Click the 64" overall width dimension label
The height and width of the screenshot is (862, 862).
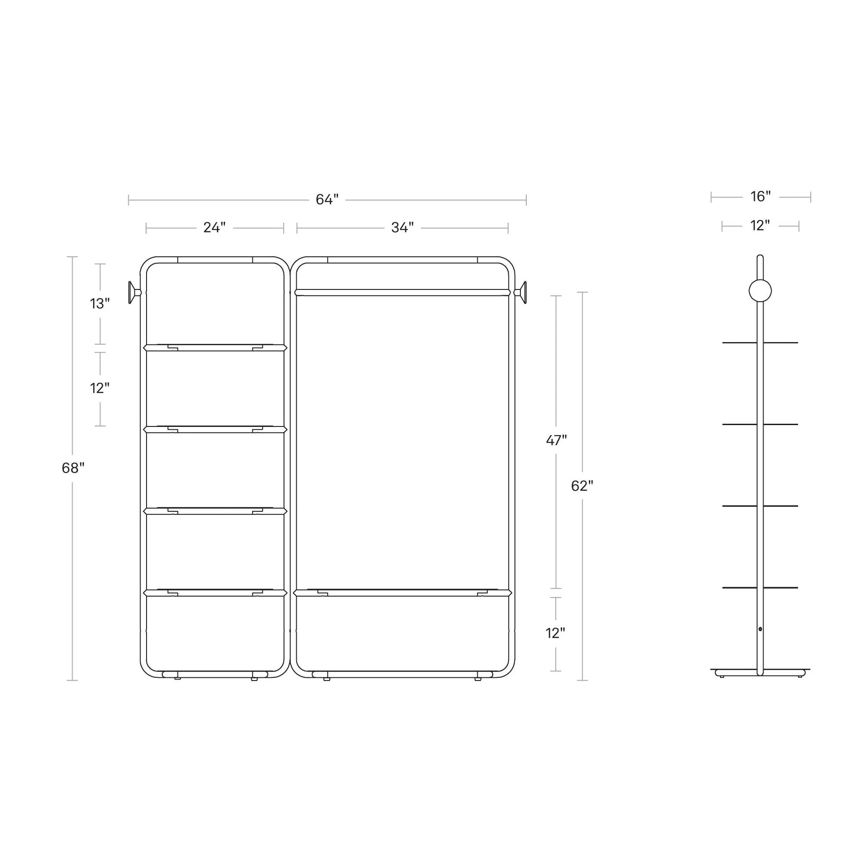click(327, 200)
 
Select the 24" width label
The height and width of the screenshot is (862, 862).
click(214, 227)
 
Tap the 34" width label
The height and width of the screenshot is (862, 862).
click(402, 227)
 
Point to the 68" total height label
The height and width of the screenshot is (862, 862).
click(73, 468)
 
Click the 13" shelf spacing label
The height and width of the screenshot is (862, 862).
click(100, 304)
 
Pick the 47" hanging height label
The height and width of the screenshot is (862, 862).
click(556, 440)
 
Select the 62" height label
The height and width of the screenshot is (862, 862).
click(582, 486)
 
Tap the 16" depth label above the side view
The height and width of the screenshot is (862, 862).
click(760, 196)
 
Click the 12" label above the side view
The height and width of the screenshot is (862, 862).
click(760, 225)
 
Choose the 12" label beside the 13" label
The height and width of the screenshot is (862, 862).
click(100, 388)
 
